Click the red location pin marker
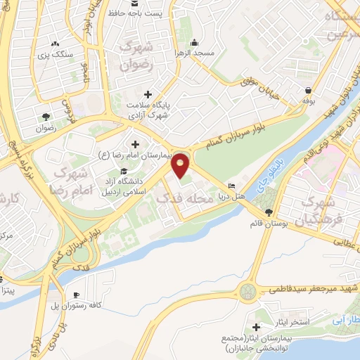181,165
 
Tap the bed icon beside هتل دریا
232,187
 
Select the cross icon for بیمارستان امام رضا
134,144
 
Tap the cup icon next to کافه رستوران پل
76,294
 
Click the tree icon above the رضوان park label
46,117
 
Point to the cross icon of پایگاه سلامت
148,94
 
